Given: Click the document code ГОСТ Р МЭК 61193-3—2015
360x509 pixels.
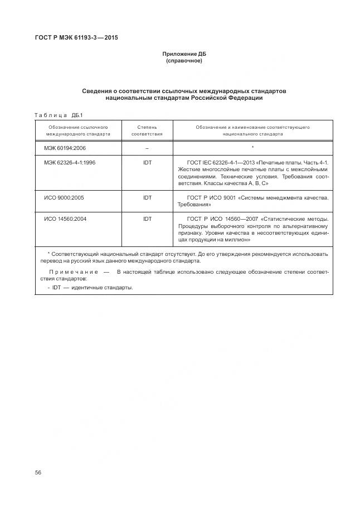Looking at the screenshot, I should tap(77, 38).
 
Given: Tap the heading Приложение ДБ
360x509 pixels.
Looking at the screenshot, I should tap(184, 54).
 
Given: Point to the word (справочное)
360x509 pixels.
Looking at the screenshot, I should tap(184, 61).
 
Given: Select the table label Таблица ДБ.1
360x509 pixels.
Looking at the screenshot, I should tap(59, 115).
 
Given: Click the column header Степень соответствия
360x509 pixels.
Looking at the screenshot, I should tap(147, 130).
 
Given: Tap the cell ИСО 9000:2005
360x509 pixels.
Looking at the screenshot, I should tap(64, 197).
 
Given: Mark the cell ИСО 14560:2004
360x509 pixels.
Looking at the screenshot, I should tap(65, 219).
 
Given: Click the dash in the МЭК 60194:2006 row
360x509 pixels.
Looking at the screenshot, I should tap(147, 148).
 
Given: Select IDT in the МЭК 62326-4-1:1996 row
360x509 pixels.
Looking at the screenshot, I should tap(147, 162).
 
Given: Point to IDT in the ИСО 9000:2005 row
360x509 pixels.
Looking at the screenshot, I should tap(147, 197).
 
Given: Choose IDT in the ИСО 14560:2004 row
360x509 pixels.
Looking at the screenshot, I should tap(147, 219).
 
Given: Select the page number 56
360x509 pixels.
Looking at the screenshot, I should tap(38, 472).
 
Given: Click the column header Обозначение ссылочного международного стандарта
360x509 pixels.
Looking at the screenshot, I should tap(78, 130).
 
